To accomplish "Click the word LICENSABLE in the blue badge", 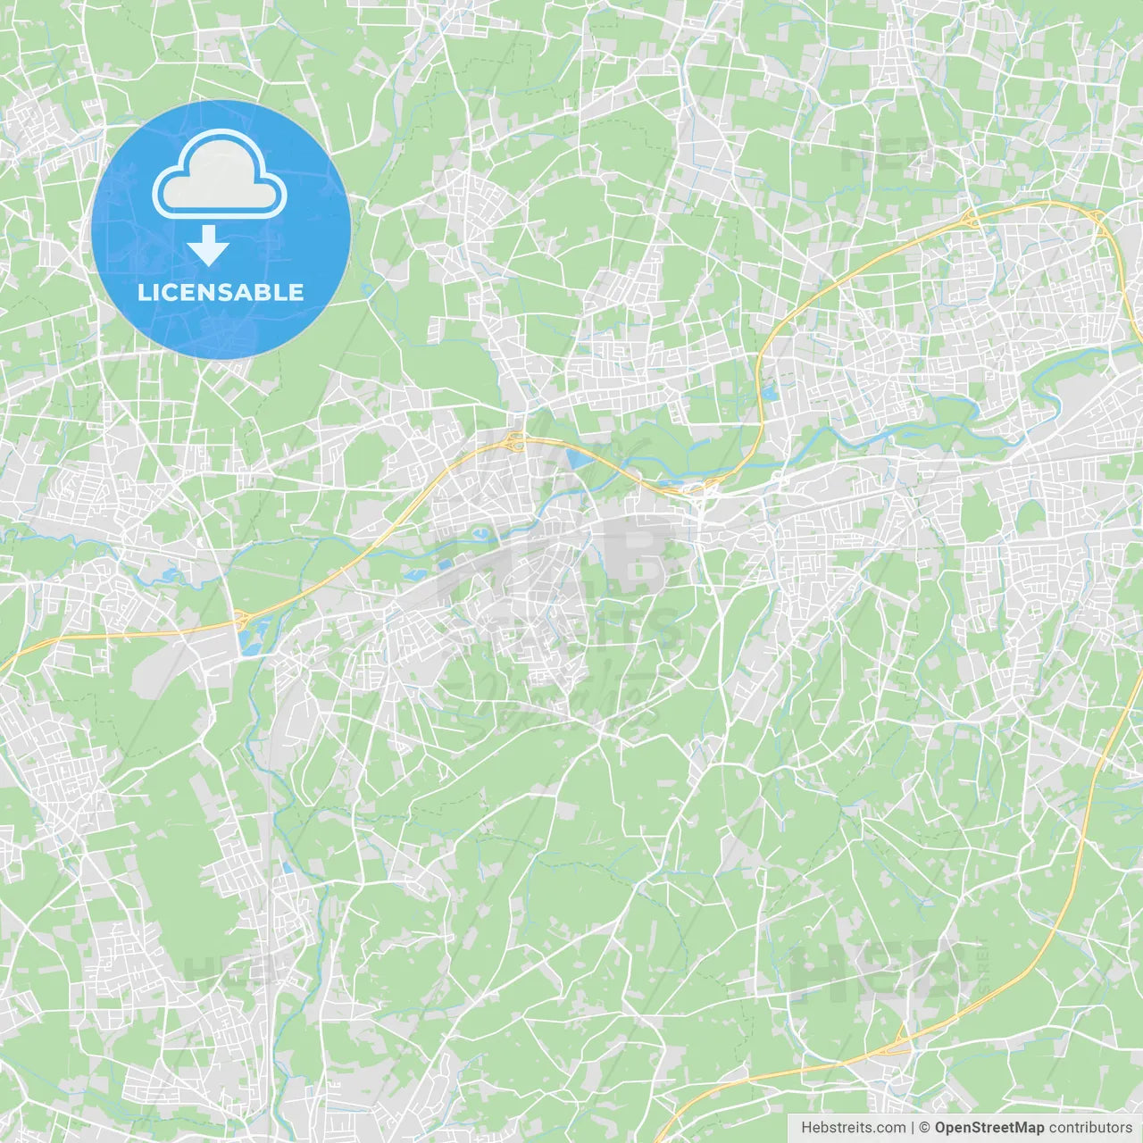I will (221, 292).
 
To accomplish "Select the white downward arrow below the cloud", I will (209, 246).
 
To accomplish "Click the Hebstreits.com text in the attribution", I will (853, 1128).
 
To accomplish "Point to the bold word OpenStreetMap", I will (989, 1128).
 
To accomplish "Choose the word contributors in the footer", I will (1090, 1128).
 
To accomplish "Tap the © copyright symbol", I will (924, 1128).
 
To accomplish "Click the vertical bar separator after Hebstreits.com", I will (913, 1128).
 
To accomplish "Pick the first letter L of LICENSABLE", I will (143, 292).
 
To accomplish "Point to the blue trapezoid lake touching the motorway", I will (577, 459).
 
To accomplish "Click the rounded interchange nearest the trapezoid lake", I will (515, 439).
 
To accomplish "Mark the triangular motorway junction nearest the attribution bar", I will (901, 1038).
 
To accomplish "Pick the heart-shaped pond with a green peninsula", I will (483, 535).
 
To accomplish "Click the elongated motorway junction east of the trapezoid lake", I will (697, 488).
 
